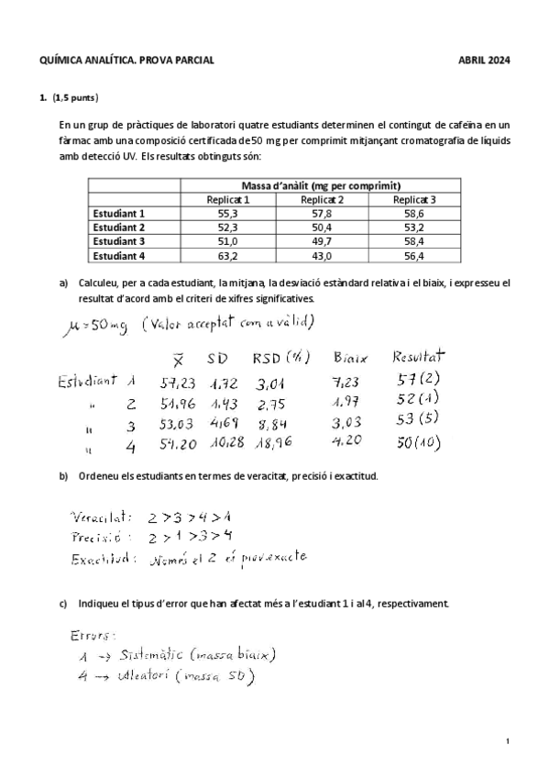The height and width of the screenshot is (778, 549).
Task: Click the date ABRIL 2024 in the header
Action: (484, 61)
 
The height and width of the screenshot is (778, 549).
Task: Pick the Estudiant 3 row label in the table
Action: (119, 241)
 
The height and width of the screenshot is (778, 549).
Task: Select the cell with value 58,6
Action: (414, 213)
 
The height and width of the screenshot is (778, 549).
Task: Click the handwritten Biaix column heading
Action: (350, 357)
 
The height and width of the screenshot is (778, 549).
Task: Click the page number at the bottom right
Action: (507, 739)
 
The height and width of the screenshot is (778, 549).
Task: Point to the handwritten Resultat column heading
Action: (418, 355)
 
